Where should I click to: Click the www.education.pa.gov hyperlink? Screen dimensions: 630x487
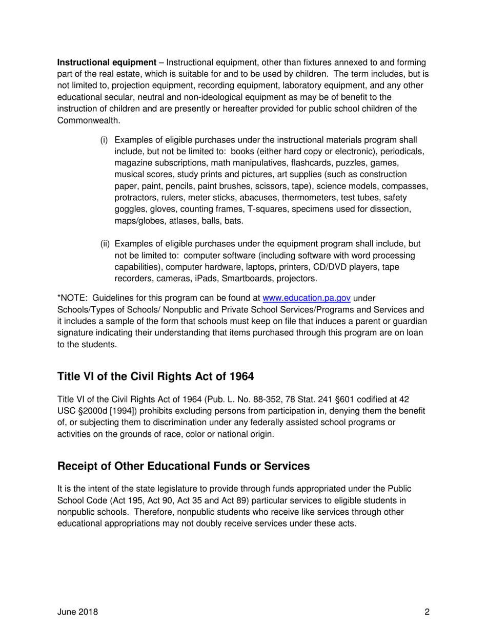[x=307, y=299]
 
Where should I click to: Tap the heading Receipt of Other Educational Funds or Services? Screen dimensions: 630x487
[x=184, y=466]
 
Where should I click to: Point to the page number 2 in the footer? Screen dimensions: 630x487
[x=427, y=612]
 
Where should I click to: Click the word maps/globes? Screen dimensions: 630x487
[x=136, y=221]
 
